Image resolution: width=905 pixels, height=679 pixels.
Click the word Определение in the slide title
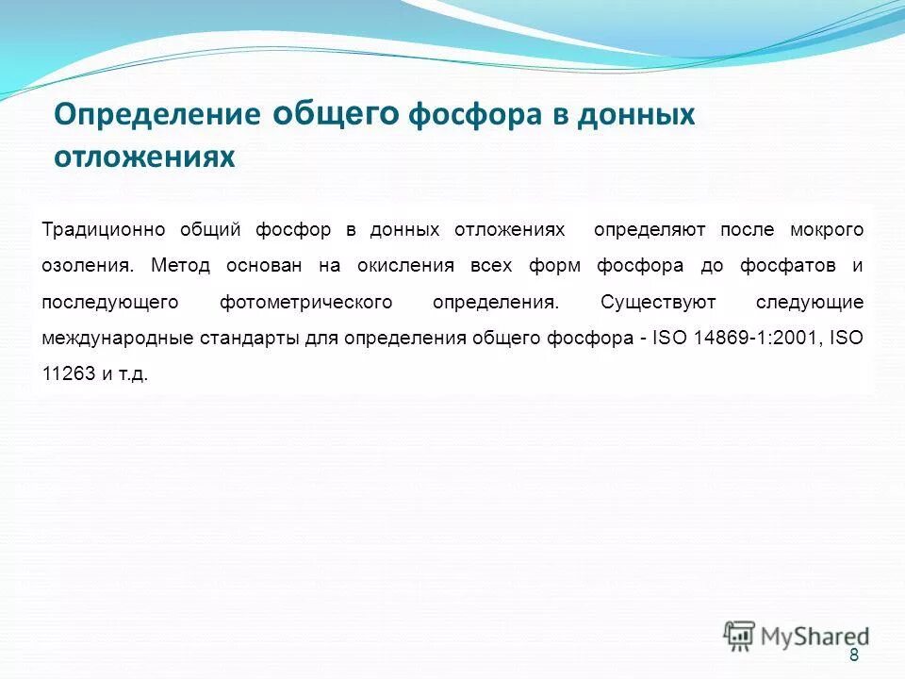coord(156,115)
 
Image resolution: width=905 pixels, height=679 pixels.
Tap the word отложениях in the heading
coord(144,157)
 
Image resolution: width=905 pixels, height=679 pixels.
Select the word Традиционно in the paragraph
coord(104,230)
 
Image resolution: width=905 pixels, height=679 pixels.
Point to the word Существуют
coord(658,303)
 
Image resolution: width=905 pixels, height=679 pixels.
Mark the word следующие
coord(810,303)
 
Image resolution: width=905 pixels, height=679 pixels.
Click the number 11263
coord(69,373)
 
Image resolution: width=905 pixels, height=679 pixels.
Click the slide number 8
coord(854,655)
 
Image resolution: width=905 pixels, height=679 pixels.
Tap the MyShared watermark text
coord(815,635)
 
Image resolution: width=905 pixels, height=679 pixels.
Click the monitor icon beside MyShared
coord(740,635)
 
